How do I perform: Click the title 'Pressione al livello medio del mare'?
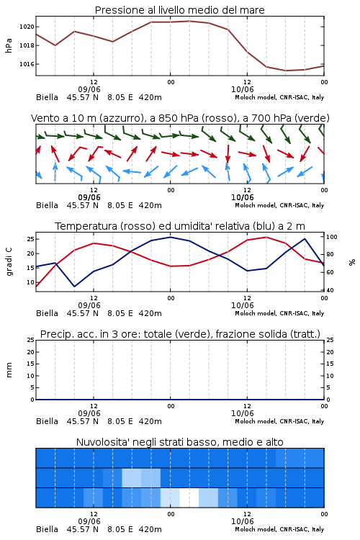(179, 10)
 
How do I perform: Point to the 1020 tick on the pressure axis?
(27, 27)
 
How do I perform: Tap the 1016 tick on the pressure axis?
(27, 64)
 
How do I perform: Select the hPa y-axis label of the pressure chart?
(9, 45)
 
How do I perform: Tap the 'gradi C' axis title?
(9, 262)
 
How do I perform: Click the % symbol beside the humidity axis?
(352, 262)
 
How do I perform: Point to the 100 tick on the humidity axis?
(332, 237)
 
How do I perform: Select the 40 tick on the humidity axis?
(330, 290)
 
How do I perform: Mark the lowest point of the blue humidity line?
(74, 287)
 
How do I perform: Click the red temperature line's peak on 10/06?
(266, 237)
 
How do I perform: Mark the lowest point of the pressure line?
(286, 71)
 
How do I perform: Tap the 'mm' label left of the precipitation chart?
(9, 370)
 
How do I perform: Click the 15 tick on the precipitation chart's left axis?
(31, 364)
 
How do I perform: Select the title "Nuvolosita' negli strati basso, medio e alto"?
(179, 442)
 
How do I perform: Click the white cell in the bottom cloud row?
(189, 498)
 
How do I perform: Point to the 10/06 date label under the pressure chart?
(242, 89)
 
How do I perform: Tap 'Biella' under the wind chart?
(48, 205)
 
